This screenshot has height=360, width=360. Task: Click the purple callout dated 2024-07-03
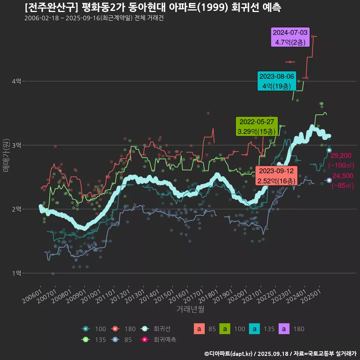click(290, 37)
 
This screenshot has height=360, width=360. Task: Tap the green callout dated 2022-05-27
click(256, 127)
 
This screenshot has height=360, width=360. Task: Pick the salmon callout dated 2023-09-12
click(276, 176)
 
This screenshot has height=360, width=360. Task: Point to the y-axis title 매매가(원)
click(6, 155)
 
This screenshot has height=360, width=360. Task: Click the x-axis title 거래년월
click(190, 309)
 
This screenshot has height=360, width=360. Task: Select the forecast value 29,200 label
click(341, 155)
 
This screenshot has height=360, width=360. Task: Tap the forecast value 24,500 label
click(343, 176)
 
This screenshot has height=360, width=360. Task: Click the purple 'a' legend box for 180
click(284, 329)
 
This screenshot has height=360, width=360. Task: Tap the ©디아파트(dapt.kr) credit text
click(229, 353)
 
